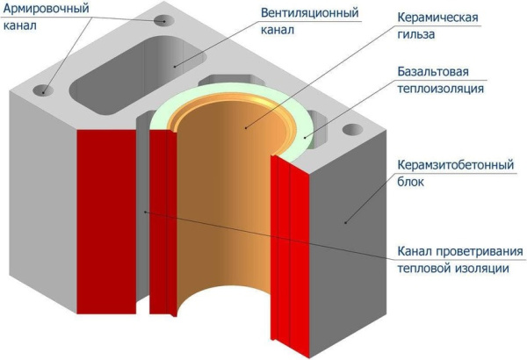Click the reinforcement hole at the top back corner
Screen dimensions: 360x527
click(x=162, y=19)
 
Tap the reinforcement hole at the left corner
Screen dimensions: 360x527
click(x=40, y=90)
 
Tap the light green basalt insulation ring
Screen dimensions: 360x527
click(x=303, y=119)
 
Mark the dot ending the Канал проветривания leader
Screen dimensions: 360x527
click(x=145, y=211)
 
